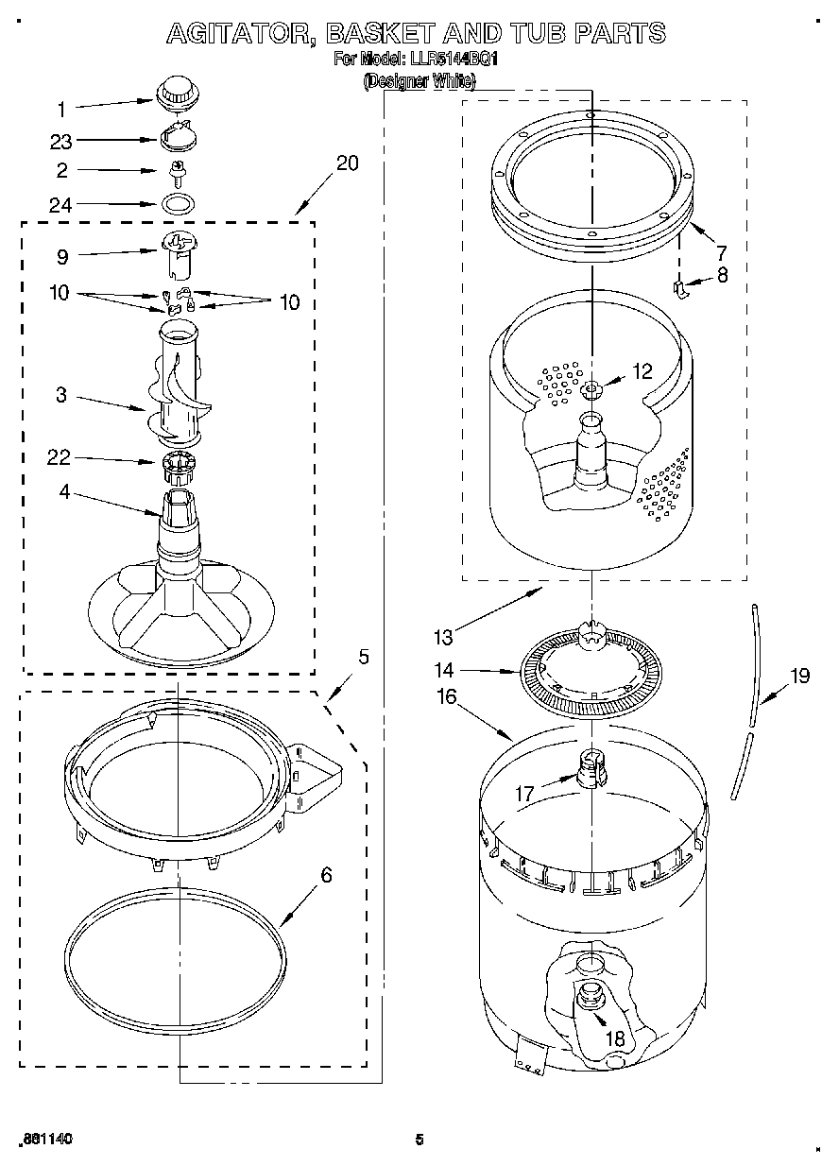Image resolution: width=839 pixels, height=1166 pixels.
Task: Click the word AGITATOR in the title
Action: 240,33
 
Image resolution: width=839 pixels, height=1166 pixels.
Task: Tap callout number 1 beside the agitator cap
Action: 62,109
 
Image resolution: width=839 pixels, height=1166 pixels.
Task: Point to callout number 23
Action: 61,142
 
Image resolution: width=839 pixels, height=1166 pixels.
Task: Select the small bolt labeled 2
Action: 176,172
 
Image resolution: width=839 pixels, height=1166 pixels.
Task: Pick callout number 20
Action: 347,163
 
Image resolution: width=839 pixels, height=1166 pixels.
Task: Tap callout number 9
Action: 62,255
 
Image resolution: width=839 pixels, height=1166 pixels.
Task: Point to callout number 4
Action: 62,491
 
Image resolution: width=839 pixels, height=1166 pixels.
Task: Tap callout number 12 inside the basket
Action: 642,372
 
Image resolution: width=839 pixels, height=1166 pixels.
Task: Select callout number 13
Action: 443,637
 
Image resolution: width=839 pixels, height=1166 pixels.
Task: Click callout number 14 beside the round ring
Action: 444,670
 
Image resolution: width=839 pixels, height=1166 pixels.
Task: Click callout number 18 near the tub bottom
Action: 615,1037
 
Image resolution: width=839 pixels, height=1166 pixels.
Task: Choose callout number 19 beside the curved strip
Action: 799,676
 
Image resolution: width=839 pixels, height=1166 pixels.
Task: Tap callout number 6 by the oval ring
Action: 326,875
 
